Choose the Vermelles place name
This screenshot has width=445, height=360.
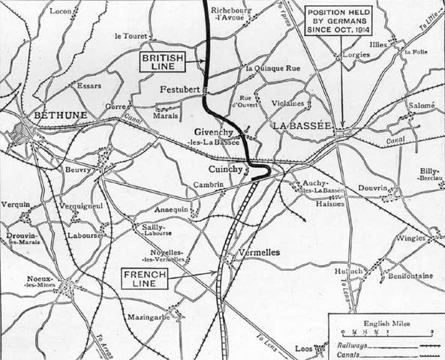tap(257, 253)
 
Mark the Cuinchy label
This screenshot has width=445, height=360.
tap(224, 169)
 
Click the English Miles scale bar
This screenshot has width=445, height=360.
tap(386, 331)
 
